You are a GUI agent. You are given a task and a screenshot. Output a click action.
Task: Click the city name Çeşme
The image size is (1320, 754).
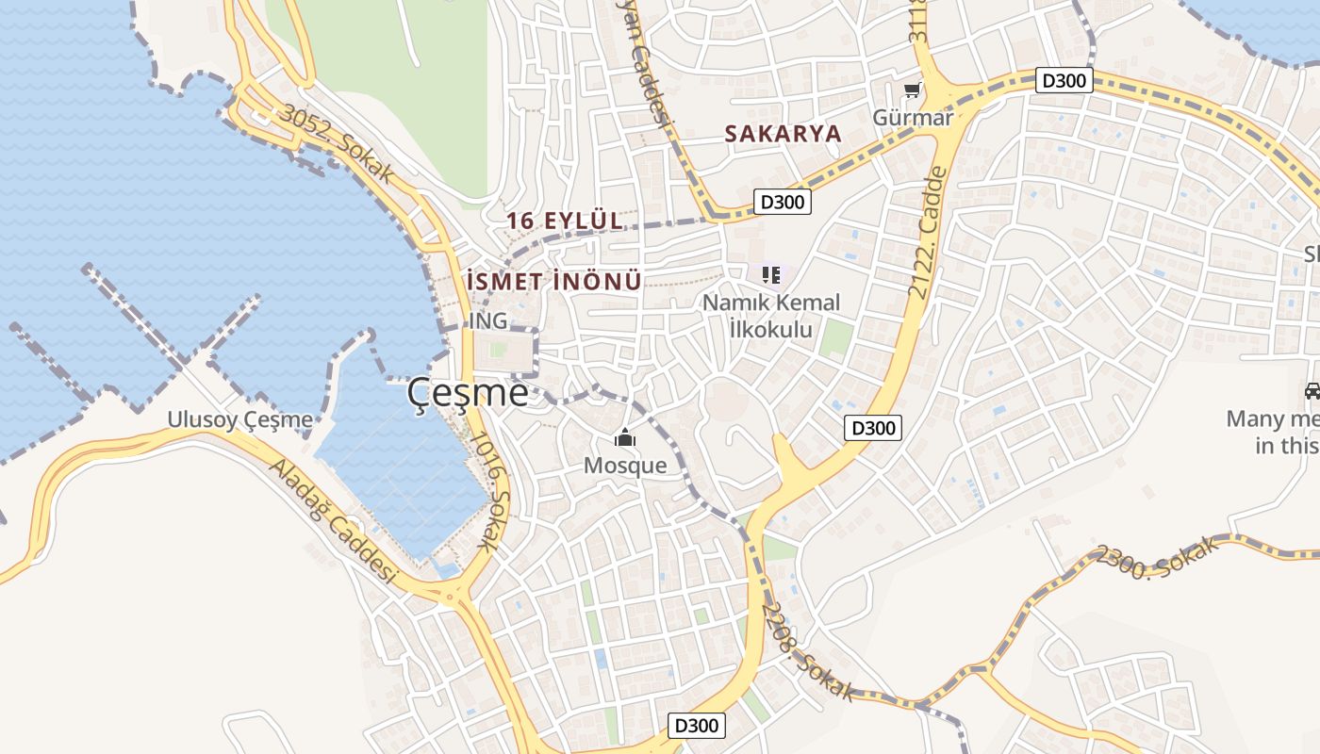468,393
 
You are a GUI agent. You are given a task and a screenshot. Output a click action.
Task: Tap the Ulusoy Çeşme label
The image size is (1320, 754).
239,419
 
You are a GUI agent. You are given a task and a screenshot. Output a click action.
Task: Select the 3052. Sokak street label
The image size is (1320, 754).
338,143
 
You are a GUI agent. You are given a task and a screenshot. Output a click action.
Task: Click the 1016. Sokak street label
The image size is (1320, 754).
490,491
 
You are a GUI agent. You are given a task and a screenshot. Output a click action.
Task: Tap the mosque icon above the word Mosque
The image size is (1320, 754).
624,438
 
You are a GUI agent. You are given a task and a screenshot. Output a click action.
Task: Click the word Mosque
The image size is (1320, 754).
624,465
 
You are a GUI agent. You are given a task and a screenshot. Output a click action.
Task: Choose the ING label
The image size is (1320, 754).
488,321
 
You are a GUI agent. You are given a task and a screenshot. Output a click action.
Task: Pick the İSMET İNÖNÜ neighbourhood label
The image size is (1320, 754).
554,281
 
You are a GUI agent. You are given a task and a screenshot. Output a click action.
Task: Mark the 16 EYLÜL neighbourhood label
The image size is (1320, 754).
565,221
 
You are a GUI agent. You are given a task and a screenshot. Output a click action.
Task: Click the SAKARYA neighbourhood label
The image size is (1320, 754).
783,134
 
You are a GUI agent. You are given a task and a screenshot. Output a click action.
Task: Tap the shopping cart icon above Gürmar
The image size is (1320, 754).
912,90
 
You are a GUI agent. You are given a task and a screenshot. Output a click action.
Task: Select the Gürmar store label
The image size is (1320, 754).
912,117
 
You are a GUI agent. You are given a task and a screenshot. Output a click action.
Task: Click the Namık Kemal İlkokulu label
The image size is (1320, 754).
771,316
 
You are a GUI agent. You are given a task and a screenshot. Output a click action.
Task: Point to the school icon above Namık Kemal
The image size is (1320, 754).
771,275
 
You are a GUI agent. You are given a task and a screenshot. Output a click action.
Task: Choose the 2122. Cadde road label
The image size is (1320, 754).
926,233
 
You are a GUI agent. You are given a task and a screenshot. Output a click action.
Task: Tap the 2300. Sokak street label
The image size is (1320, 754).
1158,558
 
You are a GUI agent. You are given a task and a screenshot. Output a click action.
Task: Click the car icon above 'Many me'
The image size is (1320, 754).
1312,390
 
